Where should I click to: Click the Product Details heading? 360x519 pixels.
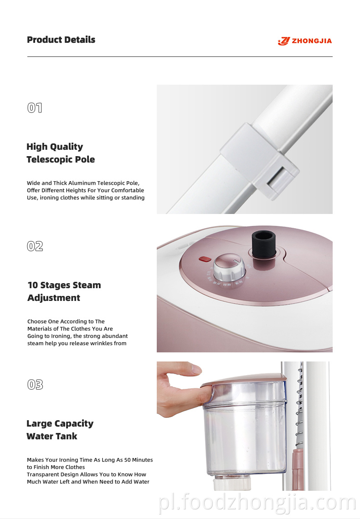click(61, 40)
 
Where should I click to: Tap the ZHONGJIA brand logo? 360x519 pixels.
click(305, 41)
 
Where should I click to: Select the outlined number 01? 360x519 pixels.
click(35, 108)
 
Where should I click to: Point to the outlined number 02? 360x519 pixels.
click(35, 246)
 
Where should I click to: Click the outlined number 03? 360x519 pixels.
click(35, 385)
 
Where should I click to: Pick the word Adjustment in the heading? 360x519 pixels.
click(54, 298)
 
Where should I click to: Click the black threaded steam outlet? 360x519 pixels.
click(264, 244)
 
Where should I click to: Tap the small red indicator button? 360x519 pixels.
click(205, 259)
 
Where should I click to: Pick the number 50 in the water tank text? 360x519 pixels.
click(128, 460)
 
